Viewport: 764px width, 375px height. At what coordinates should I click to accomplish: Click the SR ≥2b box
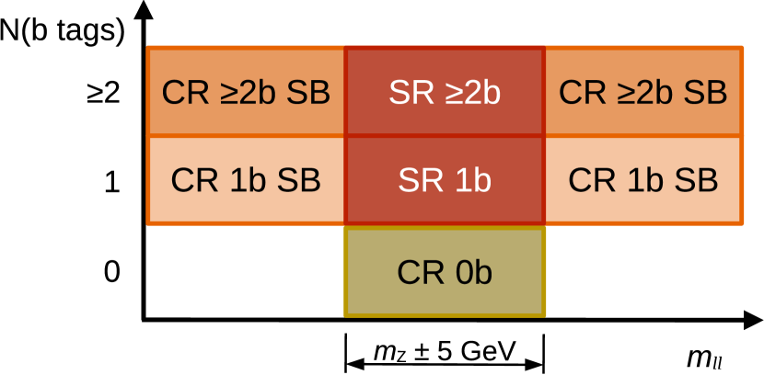click(x=445, y=92)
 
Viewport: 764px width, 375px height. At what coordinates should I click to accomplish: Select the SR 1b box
click(x=445, y=180)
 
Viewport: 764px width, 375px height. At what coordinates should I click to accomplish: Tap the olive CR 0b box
click(x=445, y=272)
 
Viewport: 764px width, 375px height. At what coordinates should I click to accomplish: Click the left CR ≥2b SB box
click(x=246, y=92)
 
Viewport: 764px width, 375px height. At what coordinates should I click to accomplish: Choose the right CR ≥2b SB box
click(x=643, y=92)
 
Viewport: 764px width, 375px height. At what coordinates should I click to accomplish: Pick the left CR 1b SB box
click(x=246, y=180)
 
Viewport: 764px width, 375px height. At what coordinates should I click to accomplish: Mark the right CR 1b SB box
click(x=643, y=180)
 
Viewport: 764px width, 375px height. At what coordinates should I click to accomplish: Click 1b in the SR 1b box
click(x=470, y=181)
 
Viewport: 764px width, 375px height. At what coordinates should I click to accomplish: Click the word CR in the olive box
click(x=419, y=273)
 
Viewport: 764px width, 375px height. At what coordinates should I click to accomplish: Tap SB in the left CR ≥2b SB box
click(x=308, y=93)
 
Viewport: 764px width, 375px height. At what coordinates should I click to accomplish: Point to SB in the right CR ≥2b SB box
click(x=706, y=93)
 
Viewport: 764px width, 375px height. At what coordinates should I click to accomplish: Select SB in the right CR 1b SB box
click(x=696, y=181)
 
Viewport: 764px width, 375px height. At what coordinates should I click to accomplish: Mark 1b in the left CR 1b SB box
click(x=246, y=181)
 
